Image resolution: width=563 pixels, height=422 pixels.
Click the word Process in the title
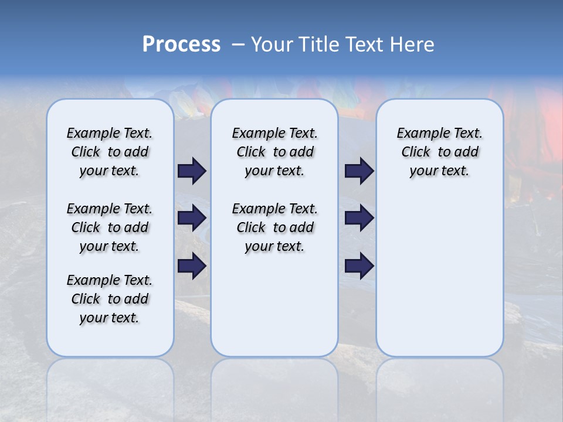pyautogui.click(x=181, y=45)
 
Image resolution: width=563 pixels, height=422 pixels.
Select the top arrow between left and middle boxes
pyautogui.click(x=192, y=171)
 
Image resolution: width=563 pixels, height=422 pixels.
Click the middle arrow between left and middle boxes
pyautogui.click(x=192, y=218)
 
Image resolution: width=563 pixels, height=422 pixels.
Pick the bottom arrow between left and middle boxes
pyautogui.click(x=192, y=266)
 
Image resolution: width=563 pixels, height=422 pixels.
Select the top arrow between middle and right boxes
pyautogui.click(x=359, y=171)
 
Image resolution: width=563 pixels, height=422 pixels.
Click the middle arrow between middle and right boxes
pyautogui.click(x=359, y=218)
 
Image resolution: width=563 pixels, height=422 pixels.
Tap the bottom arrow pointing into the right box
pyautogui.click(x=359, y=266)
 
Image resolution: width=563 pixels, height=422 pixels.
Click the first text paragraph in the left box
pyautogui.click(x=110, y=152)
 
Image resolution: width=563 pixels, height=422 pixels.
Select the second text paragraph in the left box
pyautogui.click(x=110, y=227)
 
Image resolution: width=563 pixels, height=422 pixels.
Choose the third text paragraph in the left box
pyautogui.click(x=110, y=299)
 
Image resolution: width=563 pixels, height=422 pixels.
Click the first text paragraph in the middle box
pyautogui.click(x=274, y=152)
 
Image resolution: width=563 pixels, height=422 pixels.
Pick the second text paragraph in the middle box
pyautogui.click(x=274, y=227)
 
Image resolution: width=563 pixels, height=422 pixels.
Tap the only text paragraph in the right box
pyautogui.click(x=439, y=152)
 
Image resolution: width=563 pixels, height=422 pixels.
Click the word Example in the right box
pyautogui.click(x=419, y=134)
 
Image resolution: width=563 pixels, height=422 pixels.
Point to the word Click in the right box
pyautogui.click(x=416, y=152)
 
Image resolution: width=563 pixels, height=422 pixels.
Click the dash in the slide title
pyautogui.click(x=238, y=45)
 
